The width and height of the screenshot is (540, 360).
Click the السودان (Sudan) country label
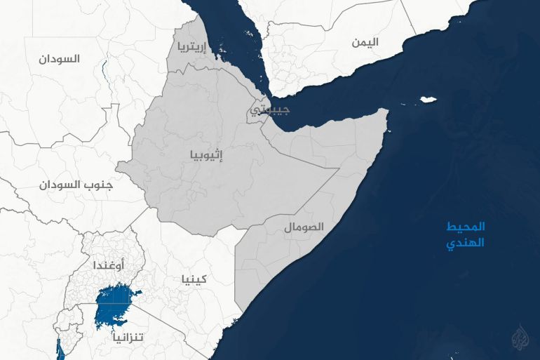coord(60,59)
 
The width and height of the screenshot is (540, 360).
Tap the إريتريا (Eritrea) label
coord(191,48)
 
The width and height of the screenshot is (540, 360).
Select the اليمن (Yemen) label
coord(365,42)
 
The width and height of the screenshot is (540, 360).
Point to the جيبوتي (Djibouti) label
coord(268,109)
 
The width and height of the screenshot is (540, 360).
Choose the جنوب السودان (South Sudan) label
coord(76,185)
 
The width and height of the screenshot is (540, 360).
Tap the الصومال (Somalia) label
coord(304,227)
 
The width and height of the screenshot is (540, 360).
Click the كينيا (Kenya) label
coord(194,279)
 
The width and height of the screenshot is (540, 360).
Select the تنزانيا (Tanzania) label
coord(129,337)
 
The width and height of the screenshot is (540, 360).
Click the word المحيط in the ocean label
coord(466,227)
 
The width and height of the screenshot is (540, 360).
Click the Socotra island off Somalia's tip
coord(426,100)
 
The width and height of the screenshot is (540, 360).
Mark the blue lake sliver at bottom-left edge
coord(59,347)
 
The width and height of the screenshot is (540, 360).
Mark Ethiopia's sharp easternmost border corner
coord(339,168)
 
